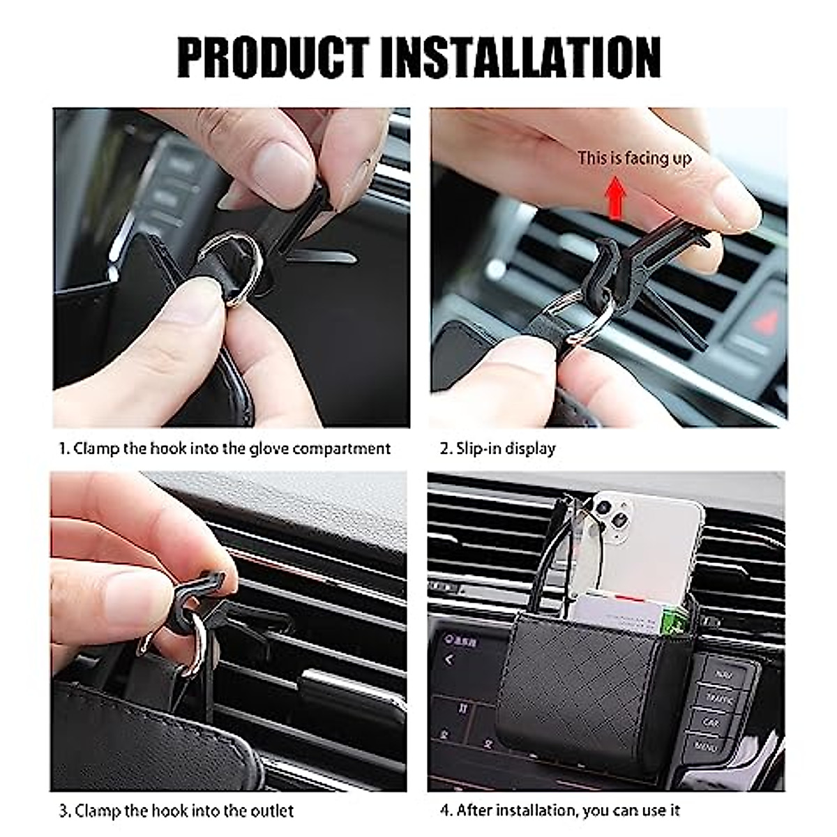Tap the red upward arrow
coord(614,197)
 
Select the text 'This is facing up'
coord(634,158)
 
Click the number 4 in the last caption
coord(444,810)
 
